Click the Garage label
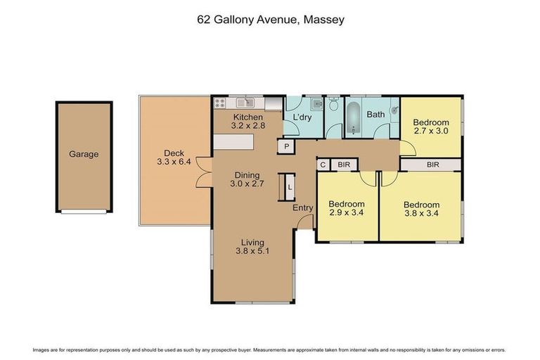(83, 155)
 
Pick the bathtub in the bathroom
(353, 118)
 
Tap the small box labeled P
(287, 146)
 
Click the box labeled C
(323, 165)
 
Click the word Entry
(303, 208)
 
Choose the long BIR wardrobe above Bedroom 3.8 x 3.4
(432, 165)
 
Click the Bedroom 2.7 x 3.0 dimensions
(430, 131)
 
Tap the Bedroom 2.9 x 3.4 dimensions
(347, 214)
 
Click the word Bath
(375, 114)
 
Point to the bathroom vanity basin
(394, 110)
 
